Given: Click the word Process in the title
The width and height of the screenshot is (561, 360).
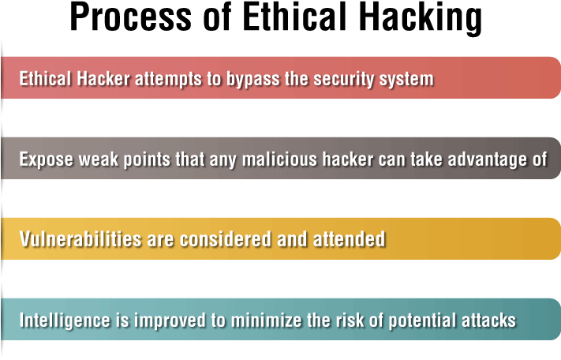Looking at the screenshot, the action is pyautogui.click(x=131, y=17).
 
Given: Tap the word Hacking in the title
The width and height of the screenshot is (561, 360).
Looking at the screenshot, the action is pyautogui.click(x=421, y=19).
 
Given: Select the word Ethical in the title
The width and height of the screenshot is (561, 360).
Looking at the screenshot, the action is pyautogui.click(x=294, y=17).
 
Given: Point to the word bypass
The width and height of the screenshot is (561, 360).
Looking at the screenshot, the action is pyautogui.click(x=253, y=80).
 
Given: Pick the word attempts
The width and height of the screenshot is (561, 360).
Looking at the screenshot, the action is pyautogui.click(x=168, y=80).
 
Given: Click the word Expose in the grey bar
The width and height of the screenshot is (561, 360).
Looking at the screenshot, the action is pyautogui.click(x=46, y=160).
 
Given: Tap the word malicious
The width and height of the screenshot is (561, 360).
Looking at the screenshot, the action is pyautogui.click(x=279, y=159).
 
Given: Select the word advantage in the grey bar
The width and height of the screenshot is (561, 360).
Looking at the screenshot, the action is pyautogui.click(x=487, y=160).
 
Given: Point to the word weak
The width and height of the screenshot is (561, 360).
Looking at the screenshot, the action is pyautogui.click(x=99, y=159).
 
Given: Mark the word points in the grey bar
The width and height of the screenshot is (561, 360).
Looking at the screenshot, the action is pyautogui.click(x=147, y=160).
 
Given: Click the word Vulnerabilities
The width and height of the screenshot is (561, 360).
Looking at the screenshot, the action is pyautogui.click(x=80, y=239).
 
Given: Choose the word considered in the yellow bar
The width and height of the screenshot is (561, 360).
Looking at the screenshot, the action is pyautogui.click(x=226, y=239).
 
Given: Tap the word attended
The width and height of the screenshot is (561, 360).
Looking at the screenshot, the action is pyautogui.click(x=350, y=239).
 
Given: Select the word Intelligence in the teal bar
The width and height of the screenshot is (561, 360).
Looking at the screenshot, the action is pyautogui.click(x=65, y=321).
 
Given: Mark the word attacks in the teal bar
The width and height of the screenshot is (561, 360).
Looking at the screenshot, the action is pyautogui.click(x=488, y=320).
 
